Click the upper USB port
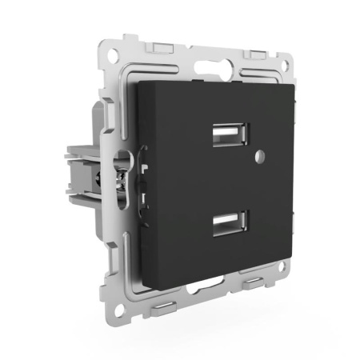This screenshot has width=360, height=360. [229, 134]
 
